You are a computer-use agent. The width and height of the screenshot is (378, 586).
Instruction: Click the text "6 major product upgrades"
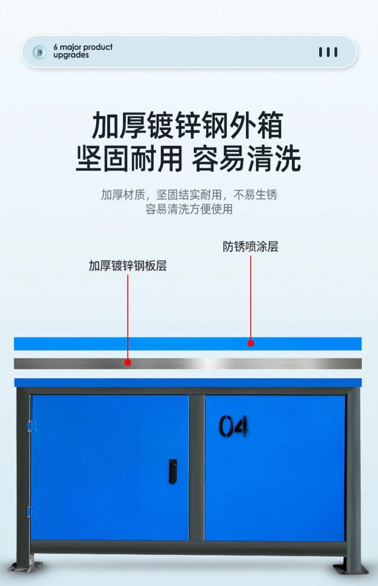coord(83,51)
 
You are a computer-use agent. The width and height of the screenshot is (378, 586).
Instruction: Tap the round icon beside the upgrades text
coord(39,52)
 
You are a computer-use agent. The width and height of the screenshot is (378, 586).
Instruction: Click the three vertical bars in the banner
coord(328,52)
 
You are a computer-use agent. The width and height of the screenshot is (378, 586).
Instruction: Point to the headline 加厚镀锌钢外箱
coord(187,125)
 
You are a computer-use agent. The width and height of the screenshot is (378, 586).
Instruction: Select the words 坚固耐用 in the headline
coord(129,159)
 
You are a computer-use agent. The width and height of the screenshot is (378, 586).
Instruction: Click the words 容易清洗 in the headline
coord(246,159)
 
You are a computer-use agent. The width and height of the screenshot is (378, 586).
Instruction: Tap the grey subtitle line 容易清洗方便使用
coord(189,209)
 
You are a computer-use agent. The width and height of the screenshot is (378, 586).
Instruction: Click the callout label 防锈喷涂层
coord(250,246)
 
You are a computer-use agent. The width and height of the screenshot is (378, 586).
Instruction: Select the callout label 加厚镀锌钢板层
coord(128,266)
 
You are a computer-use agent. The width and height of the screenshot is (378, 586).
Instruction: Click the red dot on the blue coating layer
coord(251,343)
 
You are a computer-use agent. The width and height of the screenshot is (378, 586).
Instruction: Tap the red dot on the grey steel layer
coord(128,362)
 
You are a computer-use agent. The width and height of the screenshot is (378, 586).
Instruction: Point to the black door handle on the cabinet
coord(173,471)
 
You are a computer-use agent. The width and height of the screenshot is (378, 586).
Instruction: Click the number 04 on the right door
coord(233,426)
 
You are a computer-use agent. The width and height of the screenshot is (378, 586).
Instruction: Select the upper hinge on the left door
coord(31,426)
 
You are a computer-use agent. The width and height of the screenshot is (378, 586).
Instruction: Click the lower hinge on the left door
coord(30,512)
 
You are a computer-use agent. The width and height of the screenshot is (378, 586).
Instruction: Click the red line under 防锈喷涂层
coord(251,298)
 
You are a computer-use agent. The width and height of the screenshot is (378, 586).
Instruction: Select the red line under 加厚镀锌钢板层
coord(128,317)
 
